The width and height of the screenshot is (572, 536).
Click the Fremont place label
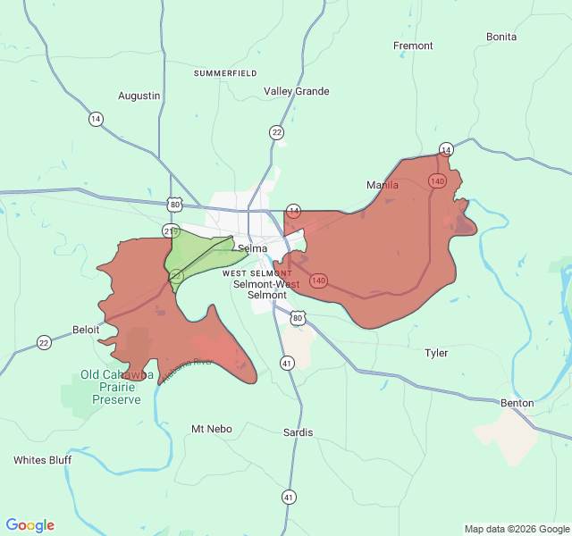point(413,46)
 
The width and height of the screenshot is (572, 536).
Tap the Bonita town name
point(501,37)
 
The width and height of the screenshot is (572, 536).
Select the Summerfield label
point(225,72)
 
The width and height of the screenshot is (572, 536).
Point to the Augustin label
point(139,96)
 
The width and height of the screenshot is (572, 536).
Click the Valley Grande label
point(297,91)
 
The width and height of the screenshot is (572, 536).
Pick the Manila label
point(383,185)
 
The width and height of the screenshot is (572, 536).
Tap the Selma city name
point(252,248)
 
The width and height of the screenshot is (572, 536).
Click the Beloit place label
point(87,330)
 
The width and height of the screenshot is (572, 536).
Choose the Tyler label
point(436,353)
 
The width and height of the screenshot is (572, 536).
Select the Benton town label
point(517,403)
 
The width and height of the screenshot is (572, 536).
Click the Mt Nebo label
point(212,429)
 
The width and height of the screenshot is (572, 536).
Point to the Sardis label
point(298,432)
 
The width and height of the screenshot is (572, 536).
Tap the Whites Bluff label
point(42,460)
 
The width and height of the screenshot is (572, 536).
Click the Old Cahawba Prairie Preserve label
point(111,387)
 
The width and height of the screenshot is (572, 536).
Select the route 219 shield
point(171,230)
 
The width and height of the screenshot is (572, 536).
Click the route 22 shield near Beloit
point(44,342)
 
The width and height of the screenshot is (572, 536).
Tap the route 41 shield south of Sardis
point(289,497)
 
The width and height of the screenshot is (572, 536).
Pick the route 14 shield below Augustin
point(96,119)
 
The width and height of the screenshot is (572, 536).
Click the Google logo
point(30,525)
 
